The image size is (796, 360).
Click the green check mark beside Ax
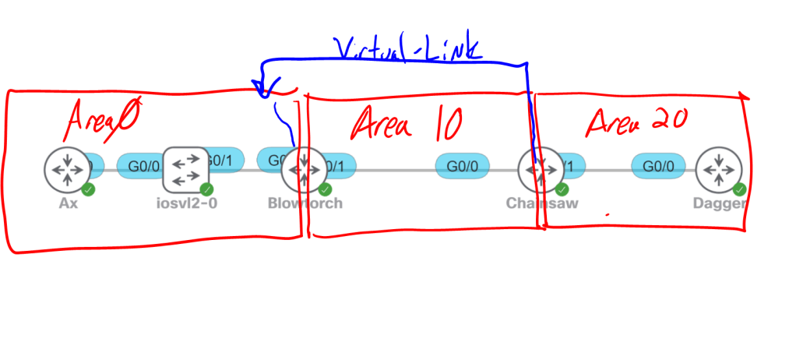point(88,189)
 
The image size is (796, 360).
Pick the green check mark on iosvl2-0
point(206,189)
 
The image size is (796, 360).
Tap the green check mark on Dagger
point(740,189)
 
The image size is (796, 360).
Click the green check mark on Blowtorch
point(325,189)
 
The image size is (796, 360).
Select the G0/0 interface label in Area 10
point(463,166)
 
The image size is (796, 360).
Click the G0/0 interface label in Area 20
point(659,166)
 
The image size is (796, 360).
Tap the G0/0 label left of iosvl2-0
point(142,166)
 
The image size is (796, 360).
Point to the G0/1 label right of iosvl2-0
point(224,161)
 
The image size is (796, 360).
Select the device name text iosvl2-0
point(186,204)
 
